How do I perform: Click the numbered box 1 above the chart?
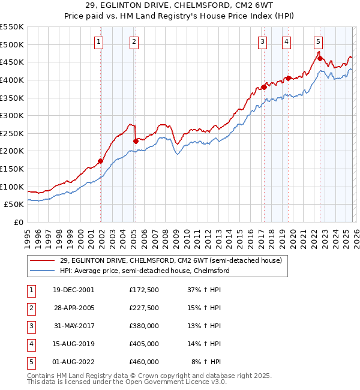pyautogui.click(x=98, y=41)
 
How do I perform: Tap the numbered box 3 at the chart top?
pyautogui.click(x=263, y=41)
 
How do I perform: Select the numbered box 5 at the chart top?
pyautogui.click(x=318, y=41)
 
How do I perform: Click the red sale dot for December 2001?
pyautogui.click(x=101, y=161)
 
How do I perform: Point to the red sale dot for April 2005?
pyautogui.click(x=136, y=141)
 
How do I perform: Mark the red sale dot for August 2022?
pyautogui.click(x=320, y=58)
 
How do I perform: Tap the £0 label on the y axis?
pyautogui.click(x=18, y=222)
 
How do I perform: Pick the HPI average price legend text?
pyautogui.click(x=145, y=271)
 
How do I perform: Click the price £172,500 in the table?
pyautogui.click(x=143, y=289)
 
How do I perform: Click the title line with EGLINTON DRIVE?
pyautogui.click(x=179, y=7)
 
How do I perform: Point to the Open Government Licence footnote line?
pyautogui.click(x=119, y=382)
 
